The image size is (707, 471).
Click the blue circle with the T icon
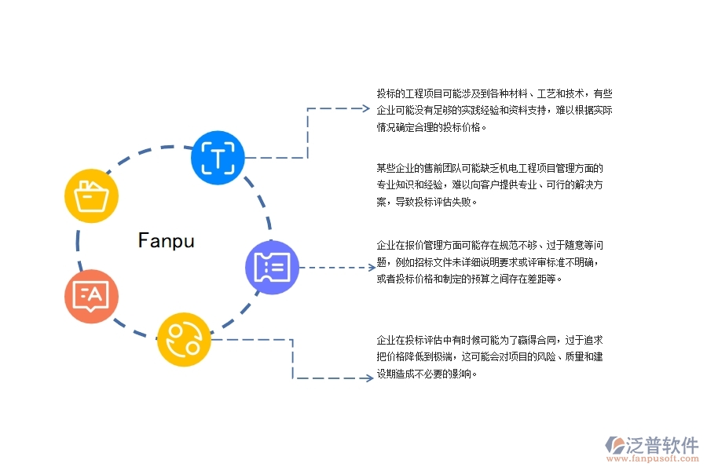coord(218,158)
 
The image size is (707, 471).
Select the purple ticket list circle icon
coord(273,268)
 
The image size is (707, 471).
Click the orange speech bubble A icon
coord(91,296)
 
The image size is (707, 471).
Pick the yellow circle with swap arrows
coord(184,339)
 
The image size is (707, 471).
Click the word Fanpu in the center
coord(166,240)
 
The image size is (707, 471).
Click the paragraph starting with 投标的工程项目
coord(494,110)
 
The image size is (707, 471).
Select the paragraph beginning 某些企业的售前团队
coord(491,184)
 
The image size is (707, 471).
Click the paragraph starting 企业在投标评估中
coord(491,356)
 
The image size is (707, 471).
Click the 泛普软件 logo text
coord(661,445)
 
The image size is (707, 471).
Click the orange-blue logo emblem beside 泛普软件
coord(615,446)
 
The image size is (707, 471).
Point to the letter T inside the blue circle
coord(218,158)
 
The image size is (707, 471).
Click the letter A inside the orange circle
coord(94,294)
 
